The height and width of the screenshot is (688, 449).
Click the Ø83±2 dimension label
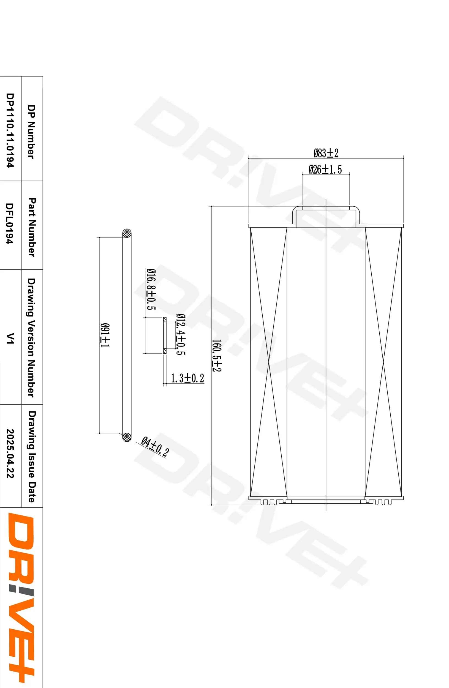(326, 153)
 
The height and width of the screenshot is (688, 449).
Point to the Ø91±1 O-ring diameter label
(105, 335)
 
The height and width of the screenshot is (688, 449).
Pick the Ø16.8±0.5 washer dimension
(151, 289)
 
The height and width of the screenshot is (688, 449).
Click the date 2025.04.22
(10, 453)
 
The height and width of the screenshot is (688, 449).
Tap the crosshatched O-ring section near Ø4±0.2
(127, 437)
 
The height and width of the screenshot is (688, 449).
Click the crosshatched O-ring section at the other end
(127, 233)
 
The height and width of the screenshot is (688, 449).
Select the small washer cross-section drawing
(165, 335)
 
